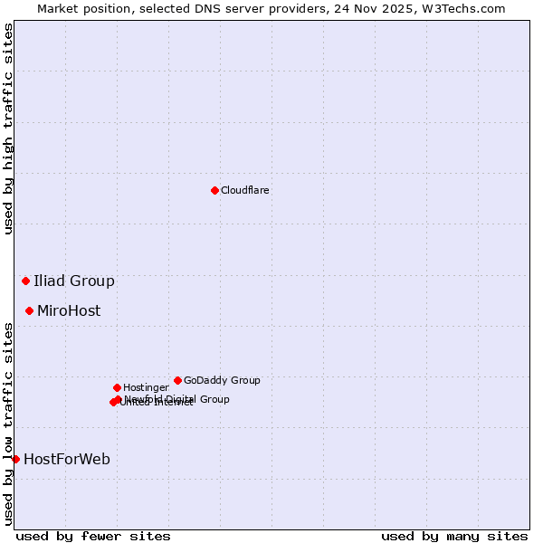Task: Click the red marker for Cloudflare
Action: pos(214,190)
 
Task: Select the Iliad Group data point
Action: pos(25,281)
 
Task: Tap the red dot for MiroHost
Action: pos(29,310)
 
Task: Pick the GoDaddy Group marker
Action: pos(177,380)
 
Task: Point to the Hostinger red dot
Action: pos(117,387)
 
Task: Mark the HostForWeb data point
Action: pos(15,459)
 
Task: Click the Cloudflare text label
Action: pos(245,190)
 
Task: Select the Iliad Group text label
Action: pos(74,281)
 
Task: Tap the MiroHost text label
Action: pos(69,310)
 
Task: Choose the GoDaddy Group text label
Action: pos(222,380)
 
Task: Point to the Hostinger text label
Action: pos(146,387)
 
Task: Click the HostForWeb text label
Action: pos(67,459)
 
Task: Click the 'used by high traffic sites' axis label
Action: pos(8,129)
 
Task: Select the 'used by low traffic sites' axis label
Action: pos(8,423)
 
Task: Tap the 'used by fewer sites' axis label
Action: pos(93,536)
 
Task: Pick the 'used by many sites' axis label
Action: pos(454,536)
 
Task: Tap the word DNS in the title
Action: pos(207,8)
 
